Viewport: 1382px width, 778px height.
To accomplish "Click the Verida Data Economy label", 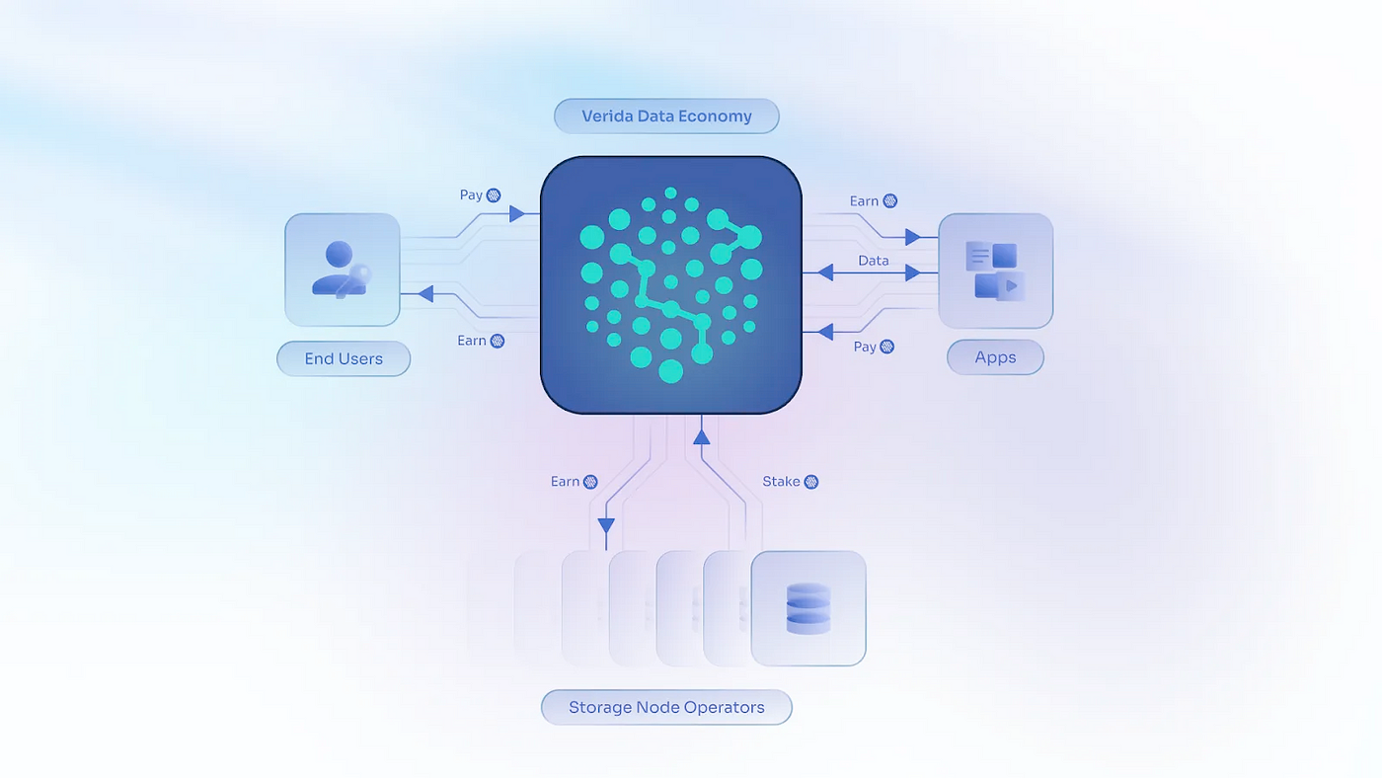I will point(666,117).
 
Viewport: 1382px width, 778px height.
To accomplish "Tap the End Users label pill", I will point(344,358).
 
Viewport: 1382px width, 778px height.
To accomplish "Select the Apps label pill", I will point(995,357).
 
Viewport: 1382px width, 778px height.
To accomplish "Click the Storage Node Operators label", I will point(666,707).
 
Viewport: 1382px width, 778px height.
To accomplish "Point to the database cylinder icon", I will point(807,608).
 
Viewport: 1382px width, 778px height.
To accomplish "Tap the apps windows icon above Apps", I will point(995,271).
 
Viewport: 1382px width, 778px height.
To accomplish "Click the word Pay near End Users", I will point(471,195).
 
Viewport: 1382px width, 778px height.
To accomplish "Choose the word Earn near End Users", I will point(471,341).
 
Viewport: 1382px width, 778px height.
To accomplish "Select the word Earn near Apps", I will point(864,201).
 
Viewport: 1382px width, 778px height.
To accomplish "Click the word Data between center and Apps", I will point(874,261).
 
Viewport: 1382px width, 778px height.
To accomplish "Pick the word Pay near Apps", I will point(865,347).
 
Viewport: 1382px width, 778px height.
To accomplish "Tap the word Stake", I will point(781,482).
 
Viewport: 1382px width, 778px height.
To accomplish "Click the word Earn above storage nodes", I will point(565,482).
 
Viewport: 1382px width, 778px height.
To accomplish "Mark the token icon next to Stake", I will point(811,482).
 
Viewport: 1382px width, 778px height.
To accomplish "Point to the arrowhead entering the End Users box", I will point(425,293).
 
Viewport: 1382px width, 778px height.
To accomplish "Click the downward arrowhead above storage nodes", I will point(606,526).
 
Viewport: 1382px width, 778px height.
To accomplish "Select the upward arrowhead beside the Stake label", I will point(702,433).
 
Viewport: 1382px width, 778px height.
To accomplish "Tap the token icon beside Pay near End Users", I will point(495,195).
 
